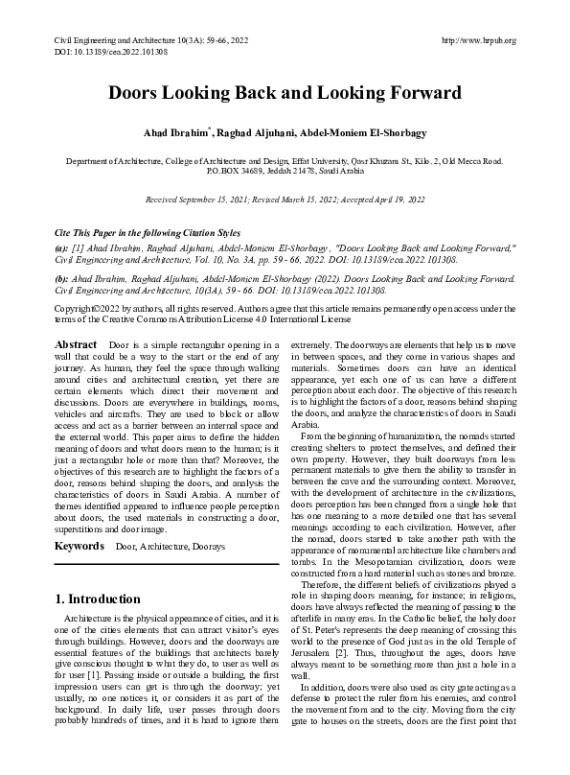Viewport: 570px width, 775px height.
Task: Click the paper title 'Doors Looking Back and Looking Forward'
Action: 285,93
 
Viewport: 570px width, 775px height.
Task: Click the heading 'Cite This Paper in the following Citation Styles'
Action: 146,233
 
